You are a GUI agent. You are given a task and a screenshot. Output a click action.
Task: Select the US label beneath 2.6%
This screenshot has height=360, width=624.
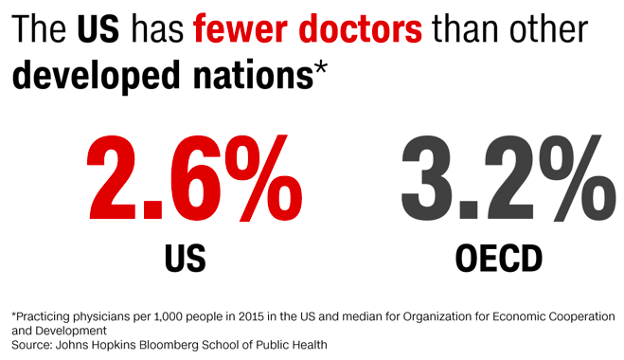pos(185,257)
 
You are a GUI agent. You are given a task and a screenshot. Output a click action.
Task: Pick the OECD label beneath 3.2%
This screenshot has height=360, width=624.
pos(500,257)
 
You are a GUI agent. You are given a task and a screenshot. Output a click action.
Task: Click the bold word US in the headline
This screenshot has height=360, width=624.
pos(98,30)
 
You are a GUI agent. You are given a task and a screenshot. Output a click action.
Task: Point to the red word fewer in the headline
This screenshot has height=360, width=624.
pos(236,30)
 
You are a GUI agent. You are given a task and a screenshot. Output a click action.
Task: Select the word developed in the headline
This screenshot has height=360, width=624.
pos(91,76)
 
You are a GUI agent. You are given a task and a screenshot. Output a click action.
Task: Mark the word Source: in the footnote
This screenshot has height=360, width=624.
pos(33,345)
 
